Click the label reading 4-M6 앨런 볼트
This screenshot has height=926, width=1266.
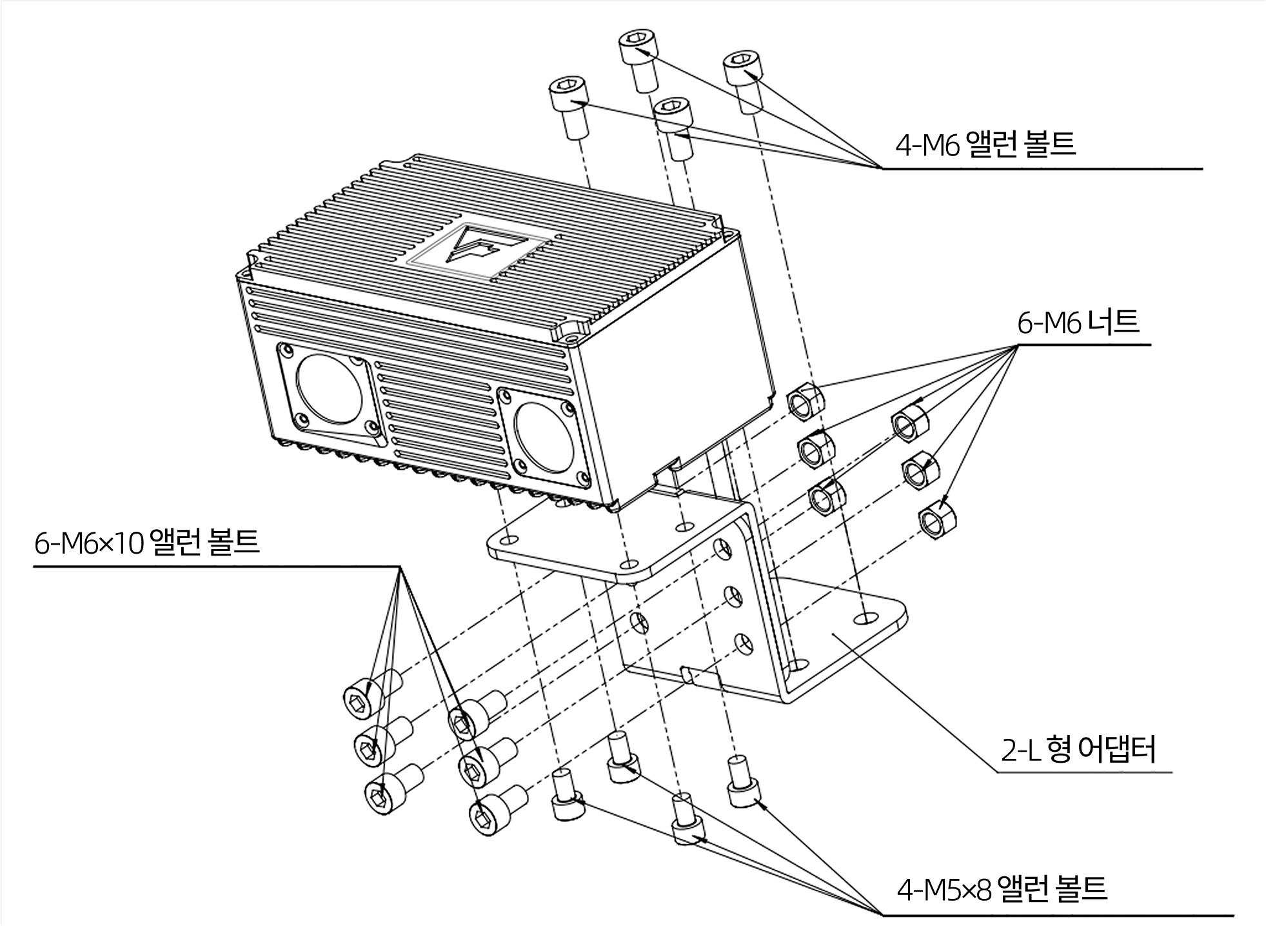point(985,145)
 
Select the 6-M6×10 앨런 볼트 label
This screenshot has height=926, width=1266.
point(147,543)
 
